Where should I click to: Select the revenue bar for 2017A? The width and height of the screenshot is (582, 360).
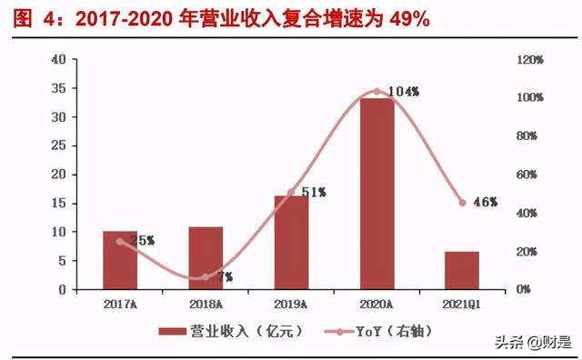tap(120, 261)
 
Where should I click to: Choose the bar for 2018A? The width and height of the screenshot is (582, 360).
tap(206, 258)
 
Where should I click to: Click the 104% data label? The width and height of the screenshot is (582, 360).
tap(402, 92)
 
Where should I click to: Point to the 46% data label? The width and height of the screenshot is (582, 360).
tap(486, 202)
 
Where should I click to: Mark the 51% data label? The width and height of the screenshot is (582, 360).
tap(313, 192)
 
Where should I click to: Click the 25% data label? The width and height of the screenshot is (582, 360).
tap(143, 241)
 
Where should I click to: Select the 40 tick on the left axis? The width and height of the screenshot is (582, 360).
tap(59, 60)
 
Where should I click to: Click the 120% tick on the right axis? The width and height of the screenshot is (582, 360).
tap(530, 60)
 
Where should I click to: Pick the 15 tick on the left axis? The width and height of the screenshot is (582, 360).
tap(59, 204)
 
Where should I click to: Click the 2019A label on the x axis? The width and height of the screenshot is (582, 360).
tap(291, 304)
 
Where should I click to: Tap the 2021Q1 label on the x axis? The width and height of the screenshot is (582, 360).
tap(463, 304)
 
